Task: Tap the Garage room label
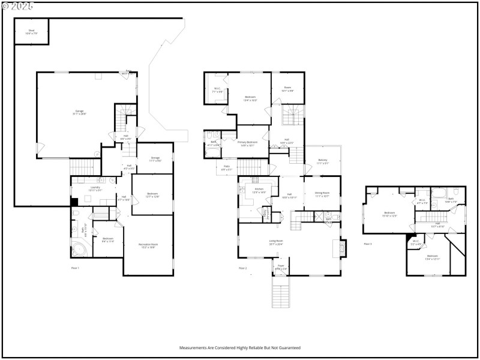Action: tap(80, 112)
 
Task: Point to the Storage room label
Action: tap(155, 158)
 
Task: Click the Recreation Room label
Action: tap(148, 245)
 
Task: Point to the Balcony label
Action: tap(322, 160)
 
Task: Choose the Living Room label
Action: tap(276, 242)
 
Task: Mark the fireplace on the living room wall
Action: tap(343, 247)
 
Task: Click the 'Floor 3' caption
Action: tap(367, 244)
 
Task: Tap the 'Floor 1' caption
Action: tap(75, 268)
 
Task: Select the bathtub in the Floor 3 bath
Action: tap(439, 194)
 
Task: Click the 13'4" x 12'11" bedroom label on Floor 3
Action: tap(433, 257)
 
